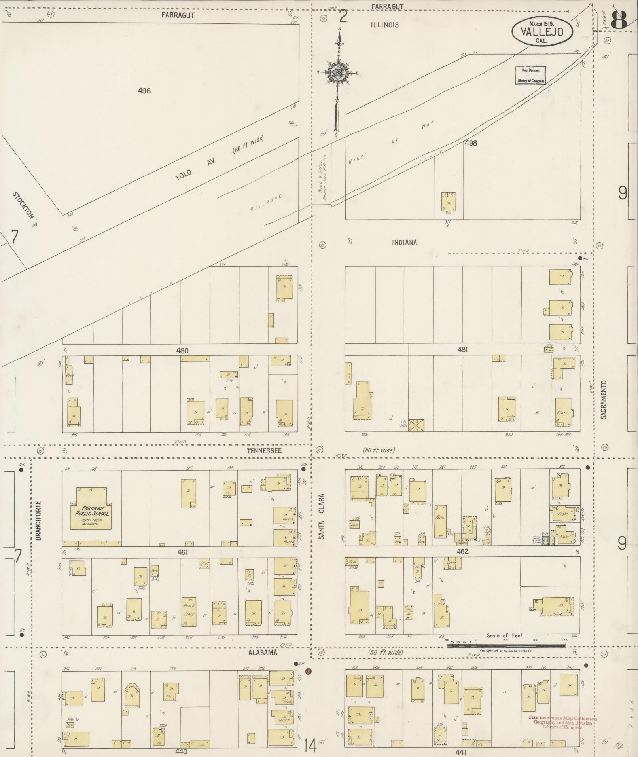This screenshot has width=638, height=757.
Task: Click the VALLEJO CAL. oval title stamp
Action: pos(542,30)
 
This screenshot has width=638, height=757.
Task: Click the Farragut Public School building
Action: pos(91,509)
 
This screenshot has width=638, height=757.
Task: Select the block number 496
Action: pos(144,91)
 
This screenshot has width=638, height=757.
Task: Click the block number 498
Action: pos(471,143)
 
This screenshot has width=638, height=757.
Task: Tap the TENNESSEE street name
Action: pos(264,451)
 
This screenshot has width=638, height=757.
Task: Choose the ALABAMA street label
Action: pos(263,653)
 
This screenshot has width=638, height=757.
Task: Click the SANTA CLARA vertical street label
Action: pos(322,516)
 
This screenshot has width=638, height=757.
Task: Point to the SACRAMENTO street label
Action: pos(603,400)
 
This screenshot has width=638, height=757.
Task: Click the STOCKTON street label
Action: pos(23,205)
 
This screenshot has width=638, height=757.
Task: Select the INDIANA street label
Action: pos(404,243)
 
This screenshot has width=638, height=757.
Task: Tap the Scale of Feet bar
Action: pos(506,646)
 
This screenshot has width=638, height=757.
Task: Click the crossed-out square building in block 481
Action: pos(416,425)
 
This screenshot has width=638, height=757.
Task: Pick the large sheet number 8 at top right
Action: pos(619,19)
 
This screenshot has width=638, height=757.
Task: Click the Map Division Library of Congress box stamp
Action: pos(530,75)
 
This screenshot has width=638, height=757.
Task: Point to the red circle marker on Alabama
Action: pos(309,672)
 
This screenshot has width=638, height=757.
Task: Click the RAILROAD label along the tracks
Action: pos(266,203)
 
